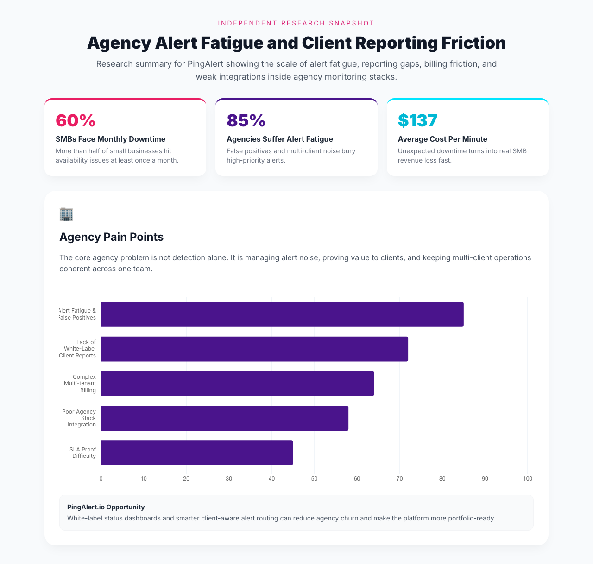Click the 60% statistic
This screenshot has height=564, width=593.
76,120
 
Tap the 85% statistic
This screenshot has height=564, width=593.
246,120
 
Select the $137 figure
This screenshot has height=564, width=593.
417,120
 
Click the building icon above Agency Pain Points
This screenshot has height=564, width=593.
66,214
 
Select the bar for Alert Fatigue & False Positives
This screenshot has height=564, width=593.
282,314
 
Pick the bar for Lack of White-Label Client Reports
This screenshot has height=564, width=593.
254,349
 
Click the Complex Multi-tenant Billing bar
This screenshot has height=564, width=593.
237,383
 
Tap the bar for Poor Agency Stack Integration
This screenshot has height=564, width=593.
224,418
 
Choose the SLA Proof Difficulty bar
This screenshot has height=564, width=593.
197,453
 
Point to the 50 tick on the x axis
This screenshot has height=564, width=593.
314,478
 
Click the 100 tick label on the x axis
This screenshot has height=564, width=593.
527,478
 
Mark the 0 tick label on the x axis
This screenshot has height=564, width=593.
101,478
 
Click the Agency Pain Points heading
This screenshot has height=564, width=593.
111,237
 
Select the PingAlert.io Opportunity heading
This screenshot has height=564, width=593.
106,507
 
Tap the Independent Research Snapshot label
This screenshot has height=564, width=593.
296,23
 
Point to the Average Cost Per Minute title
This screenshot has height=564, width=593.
442,139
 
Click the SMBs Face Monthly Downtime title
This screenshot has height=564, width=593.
110,139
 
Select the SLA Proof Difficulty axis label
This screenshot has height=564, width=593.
84,452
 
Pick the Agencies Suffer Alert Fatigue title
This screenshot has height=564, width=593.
279,139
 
